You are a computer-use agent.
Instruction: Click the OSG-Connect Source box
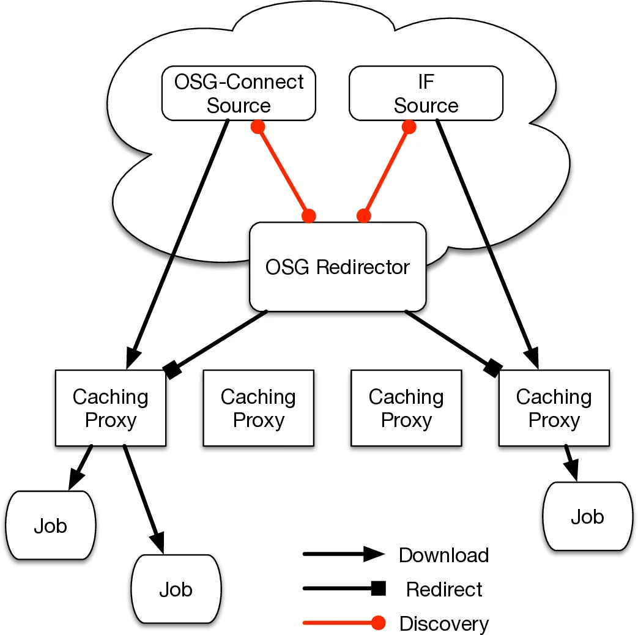(239, 93)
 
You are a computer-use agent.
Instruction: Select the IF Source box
(426, 93)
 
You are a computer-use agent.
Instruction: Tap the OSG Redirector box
(337, 267)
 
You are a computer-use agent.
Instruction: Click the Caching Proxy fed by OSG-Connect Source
(110, 408)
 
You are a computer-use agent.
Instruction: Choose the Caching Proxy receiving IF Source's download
(554, 408)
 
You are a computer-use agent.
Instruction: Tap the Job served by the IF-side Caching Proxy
(587, 517)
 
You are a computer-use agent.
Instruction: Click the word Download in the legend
(443, 555)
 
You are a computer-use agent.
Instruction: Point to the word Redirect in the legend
(443, 589)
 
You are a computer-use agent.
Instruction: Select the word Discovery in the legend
(443, 623)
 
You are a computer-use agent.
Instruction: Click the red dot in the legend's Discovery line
(379, 623)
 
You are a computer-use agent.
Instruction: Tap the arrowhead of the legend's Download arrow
(374, 555)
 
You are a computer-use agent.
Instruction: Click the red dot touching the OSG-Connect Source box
(258, 127)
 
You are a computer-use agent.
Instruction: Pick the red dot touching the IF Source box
(409, 127)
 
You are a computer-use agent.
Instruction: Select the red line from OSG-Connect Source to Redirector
(283, 171)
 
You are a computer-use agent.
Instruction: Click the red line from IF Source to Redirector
(387, 171)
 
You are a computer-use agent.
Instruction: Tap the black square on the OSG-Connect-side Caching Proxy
(172, 369)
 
